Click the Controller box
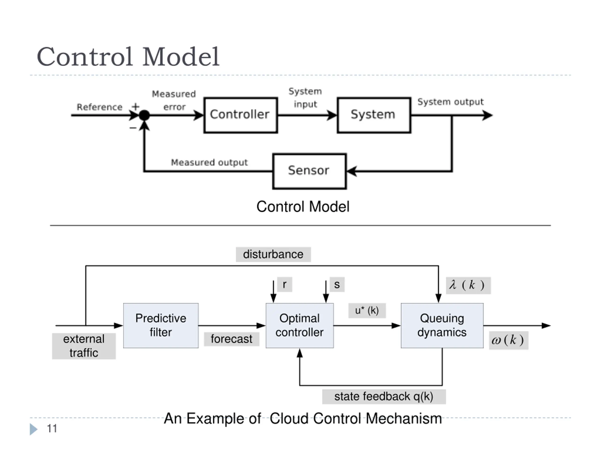pos(241,115)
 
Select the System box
pos(374,115)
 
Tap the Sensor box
pos(309,171)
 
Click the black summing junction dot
pos(144,115)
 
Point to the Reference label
pos(100,107)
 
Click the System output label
pos(451,102)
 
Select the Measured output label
pos(209,163)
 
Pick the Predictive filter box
pos(161,325)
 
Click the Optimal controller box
pos(300,325)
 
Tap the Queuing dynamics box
pos(442,325)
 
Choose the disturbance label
pos(273,254)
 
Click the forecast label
pos(231,339)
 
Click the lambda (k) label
pos(468,285)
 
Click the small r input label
pos(285,284)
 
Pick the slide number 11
pos(52,428)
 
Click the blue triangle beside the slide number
pos(33,429)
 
